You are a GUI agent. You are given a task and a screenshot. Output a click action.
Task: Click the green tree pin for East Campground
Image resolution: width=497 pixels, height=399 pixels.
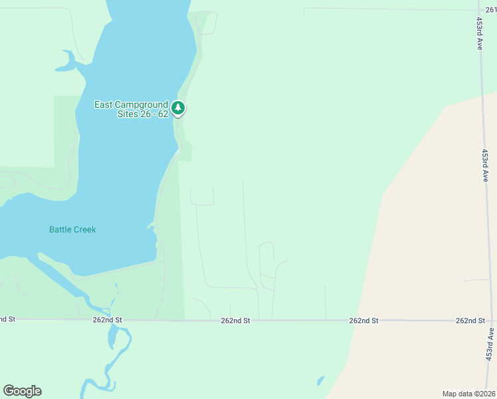click(x=177, y=108)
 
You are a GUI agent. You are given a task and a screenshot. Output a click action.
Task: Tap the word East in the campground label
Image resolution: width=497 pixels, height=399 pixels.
click(x=104, y=104)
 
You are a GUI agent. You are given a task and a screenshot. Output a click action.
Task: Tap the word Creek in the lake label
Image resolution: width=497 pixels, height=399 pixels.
click(x=85, y=229)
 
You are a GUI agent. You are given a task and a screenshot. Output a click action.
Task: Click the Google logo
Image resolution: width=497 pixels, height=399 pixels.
click(x=22, y=391)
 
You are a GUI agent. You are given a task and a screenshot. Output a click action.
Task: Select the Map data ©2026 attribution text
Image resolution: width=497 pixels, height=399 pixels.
click(x=468, y=394)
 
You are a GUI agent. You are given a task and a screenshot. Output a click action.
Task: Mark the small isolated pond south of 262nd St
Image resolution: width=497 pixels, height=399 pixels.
click(x=321, y=382)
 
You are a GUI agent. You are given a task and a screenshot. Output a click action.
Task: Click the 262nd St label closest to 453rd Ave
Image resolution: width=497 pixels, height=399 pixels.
click(x=470, y=321)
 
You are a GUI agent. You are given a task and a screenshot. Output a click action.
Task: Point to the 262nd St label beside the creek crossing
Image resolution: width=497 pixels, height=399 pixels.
click(x=108, y=320)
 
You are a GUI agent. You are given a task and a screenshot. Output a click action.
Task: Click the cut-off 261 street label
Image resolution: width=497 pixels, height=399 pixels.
click(x=490, y=9)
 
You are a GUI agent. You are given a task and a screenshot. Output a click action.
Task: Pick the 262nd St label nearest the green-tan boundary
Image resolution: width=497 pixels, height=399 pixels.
click(x=363, y=321)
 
